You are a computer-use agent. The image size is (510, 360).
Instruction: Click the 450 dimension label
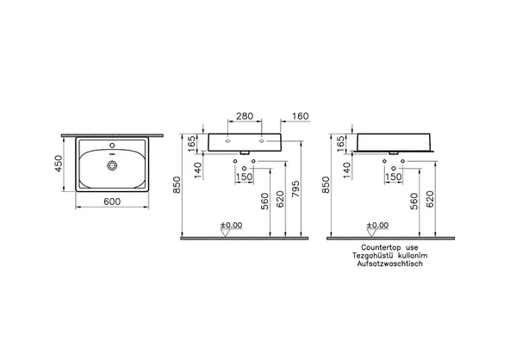click(59, 164)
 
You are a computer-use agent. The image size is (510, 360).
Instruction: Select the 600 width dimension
click(112, 202)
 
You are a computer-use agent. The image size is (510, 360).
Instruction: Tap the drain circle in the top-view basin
click(112, 165)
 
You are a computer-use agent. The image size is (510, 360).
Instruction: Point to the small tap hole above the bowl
click(112, 145)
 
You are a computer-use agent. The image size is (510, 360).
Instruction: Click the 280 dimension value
click(245, 116)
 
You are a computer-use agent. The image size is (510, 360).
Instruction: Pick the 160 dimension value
click(300, 116)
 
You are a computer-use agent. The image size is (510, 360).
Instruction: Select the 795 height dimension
click(295, 189)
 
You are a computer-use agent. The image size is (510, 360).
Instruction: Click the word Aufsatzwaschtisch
click(390, 264)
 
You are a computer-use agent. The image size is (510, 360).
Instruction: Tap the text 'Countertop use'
click(389, 248)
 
